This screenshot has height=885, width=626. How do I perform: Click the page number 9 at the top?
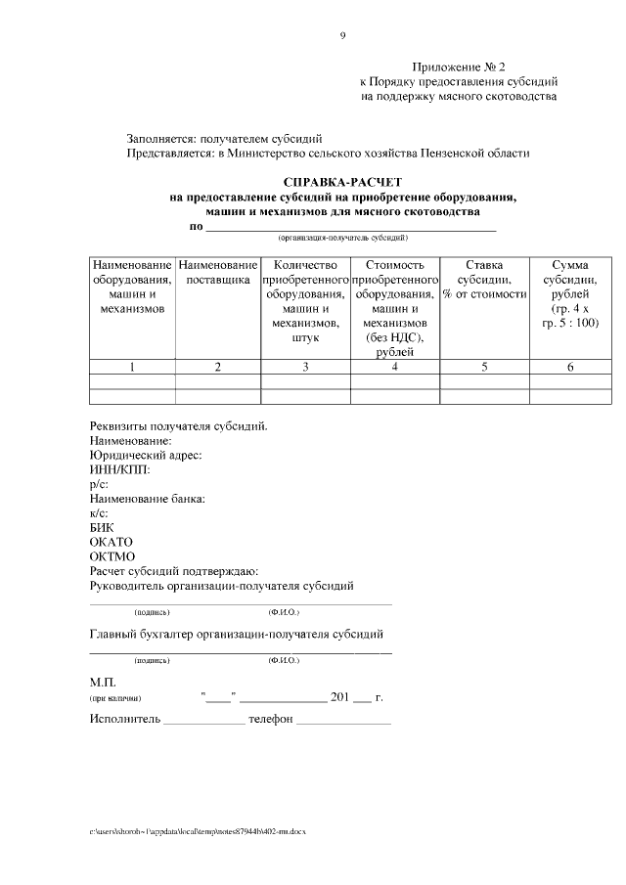(x=342, y=36)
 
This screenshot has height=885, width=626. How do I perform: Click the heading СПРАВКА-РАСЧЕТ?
(x=342, y=182)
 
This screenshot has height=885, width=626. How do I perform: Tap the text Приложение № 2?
(x=459, y=66)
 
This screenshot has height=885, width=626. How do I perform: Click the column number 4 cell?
(x=394, y=367)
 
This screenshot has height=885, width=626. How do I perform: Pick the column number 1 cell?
(x=132, y=367)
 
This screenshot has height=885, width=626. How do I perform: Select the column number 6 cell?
(x=569, y=367)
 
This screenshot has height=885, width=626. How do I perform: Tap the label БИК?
(x=102, y=527)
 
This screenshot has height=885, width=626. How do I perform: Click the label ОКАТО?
(x=111, y=542)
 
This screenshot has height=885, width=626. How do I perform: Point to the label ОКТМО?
(x=112, y=556)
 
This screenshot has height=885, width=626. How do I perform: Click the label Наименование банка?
(x=147, y=499)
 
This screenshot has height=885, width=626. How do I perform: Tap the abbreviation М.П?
(x=103, y=682)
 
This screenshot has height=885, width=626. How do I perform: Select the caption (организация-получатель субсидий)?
(x=342, y=238)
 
